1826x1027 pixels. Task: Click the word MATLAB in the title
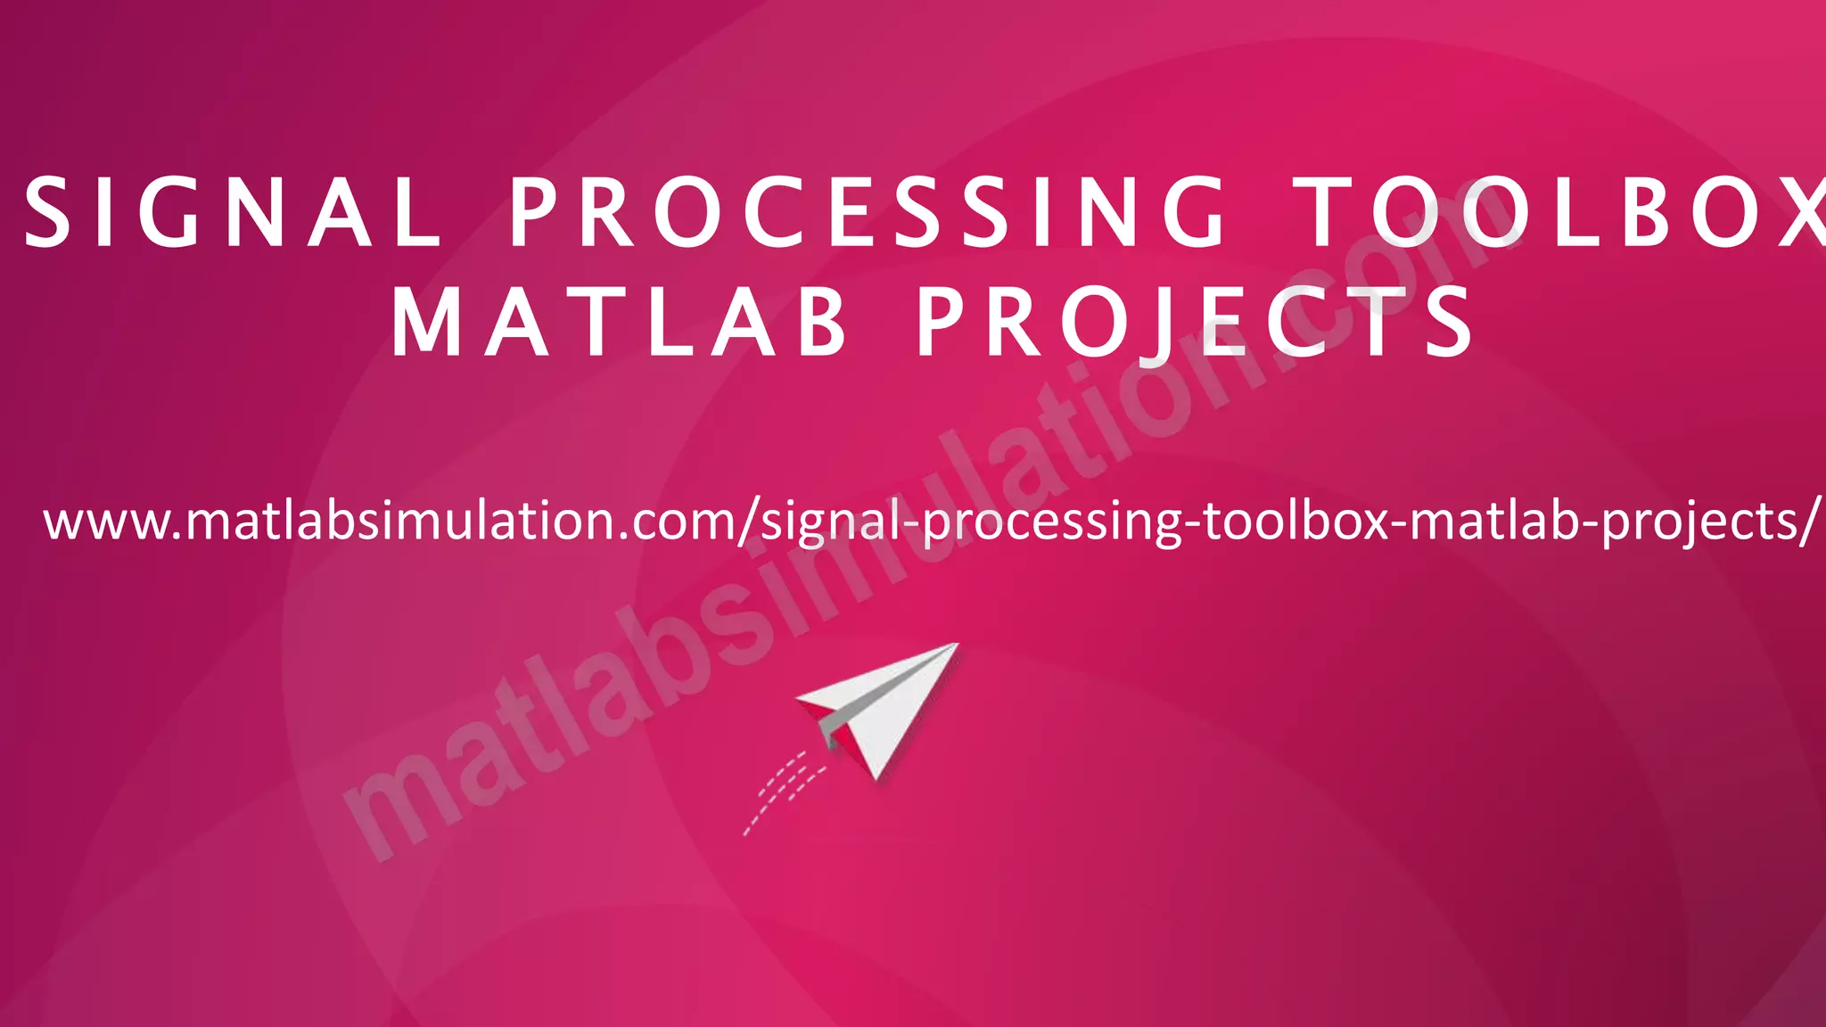pos(619,323)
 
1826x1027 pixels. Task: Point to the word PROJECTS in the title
pos(1195,323)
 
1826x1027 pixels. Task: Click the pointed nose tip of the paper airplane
pos(956,645)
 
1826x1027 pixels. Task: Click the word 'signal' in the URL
pos(829,524)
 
